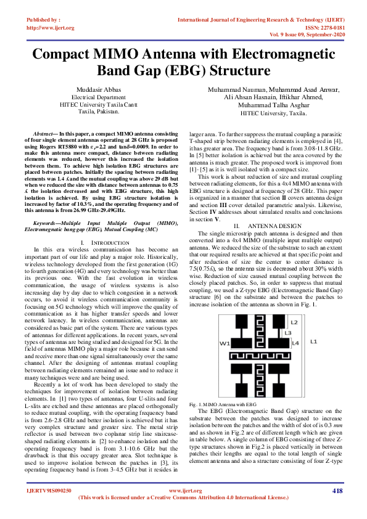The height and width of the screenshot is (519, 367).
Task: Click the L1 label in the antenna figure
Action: tap(313, 341)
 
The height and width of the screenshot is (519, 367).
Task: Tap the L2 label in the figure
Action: tap(294, 322)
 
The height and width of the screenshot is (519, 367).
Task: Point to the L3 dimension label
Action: tap(288, 332)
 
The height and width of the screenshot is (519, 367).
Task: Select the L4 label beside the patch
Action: tap(295, 342)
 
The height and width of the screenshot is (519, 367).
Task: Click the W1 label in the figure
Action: tap(225, 343)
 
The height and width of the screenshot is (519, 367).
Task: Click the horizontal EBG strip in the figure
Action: tap(259, 356)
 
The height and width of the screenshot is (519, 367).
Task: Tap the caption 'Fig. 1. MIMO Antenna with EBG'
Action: tap(222, 403)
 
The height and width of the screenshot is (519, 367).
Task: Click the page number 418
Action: tap(337, 507)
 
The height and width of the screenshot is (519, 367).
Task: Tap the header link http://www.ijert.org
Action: tap(51, 28)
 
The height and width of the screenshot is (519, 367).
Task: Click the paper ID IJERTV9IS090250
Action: tap(49, 507)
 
